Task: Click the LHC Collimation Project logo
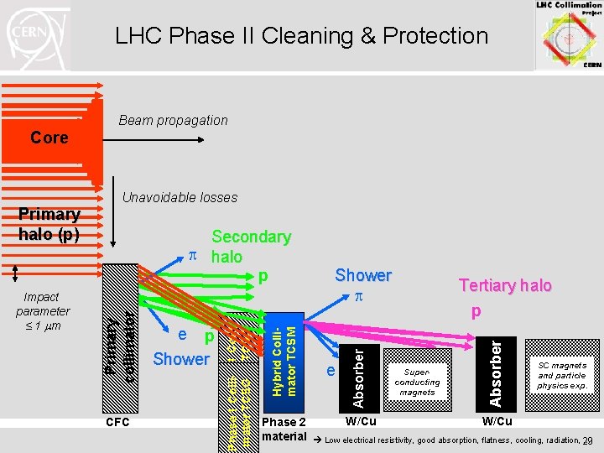pos(568,35)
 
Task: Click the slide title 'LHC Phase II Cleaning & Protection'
pos(301,36)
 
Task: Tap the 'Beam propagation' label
pos(173,120)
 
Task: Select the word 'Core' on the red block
pos(49,138)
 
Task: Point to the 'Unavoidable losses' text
pos(180,198)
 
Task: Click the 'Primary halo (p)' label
pos(49,224)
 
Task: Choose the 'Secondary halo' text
pos(250,247)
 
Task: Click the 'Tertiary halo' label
pos(504,285)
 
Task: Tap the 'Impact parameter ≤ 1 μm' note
pos(42,310)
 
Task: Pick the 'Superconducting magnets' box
pos(417,382)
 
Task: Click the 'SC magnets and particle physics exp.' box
pos(562,375)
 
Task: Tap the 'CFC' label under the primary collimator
pos(117,422)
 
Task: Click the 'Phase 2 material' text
pos(284,429)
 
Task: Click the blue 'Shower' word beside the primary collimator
pos(180,359)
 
